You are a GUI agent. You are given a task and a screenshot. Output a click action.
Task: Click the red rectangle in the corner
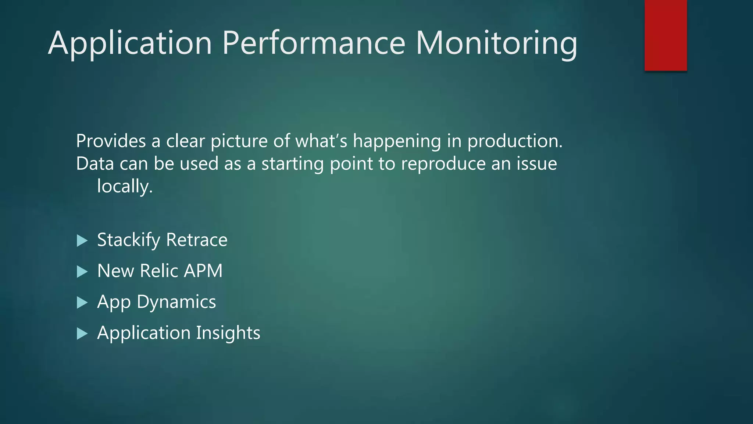[665, 35]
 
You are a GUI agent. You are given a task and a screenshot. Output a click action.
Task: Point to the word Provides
[111, 141]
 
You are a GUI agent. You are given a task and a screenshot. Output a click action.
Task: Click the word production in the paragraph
[514, 142]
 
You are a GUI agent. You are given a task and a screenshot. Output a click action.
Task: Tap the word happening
[397, 142]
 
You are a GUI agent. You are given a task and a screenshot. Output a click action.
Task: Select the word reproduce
[443, 164]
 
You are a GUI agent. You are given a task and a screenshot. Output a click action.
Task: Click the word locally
[124, 186]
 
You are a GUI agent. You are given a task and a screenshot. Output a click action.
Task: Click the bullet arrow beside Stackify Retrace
[82, 241]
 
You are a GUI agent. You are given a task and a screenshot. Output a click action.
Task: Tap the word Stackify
[129, 240]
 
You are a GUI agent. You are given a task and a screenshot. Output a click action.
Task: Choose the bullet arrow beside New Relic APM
[82, 272]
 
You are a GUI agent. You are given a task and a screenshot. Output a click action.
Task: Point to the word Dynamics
[176, 302]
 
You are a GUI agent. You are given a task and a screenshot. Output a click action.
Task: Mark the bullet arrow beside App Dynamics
[82, 303]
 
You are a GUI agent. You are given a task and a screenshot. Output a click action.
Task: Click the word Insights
[228, 333]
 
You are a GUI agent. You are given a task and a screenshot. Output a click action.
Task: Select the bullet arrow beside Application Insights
[82, 333]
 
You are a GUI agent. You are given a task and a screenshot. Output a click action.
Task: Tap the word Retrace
[197, 240]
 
